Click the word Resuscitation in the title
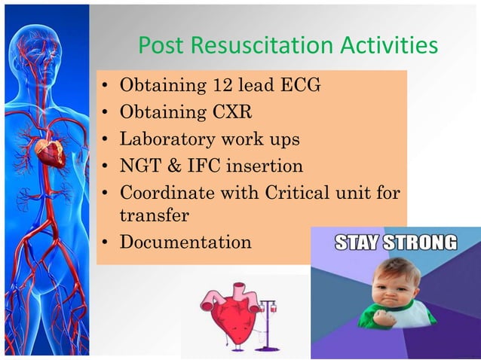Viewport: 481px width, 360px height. tap(259, 47)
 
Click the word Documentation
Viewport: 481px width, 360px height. tap(185, 243)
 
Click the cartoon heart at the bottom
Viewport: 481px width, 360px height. tap(226, 313)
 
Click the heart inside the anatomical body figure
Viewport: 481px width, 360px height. tap(51, 153)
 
